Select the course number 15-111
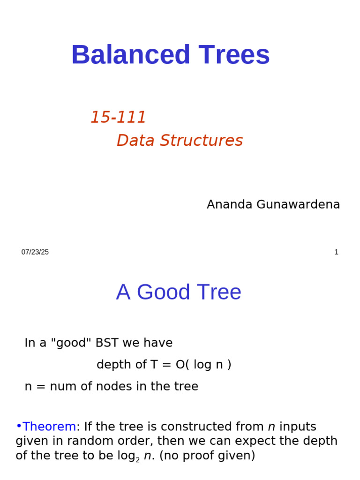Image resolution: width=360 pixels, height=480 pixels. [x=118, y=118]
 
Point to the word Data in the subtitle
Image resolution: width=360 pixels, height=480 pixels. [x=135, y=141]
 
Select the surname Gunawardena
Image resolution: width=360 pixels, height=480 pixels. [x=298, y=205]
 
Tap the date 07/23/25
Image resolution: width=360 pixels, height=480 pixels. [x=35, y=252]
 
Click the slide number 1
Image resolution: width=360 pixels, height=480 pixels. [x=336, y=252]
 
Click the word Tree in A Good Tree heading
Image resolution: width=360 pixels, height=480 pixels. [x=220, y=292]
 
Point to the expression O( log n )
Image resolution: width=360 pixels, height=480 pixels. [x=203, y=365]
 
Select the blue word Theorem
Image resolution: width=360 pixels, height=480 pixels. [x=49, y=427]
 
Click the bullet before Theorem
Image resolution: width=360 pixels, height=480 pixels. [x=19, y=427]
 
